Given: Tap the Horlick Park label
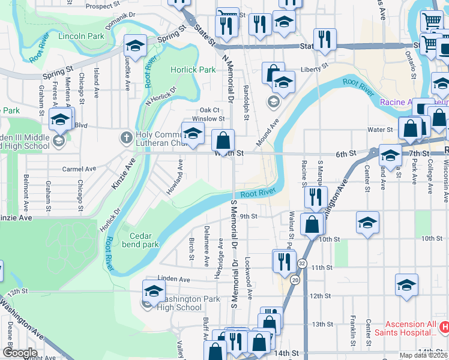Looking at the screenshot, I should coord(193,70).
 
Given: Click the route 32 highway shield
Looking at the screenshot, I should coord(301,263).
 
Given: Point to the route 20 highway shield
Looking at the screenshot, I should coord(295,280).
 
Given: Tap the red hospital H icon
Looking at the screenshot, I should coord(444,327).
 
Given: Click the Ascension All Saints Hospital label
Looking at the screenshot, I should coord(406,328).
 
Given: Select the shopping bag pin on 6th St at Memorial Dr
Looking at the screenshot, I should coord(223,142).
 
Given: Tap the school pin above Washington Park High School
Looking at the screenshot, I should coord(154,292).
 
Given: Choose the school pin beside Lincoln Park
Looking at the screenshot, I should coord(136,46).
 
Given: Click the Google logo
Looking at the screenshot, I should coord(20,353).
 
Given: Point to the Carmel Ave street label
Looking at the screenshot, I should coord(79,169).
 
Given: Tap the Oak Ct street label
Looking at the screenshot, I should coord(209,110).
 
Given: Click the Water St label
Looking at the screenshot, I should coord(380,129).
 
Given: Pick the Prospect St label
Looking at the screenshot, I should coord(100,7).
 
